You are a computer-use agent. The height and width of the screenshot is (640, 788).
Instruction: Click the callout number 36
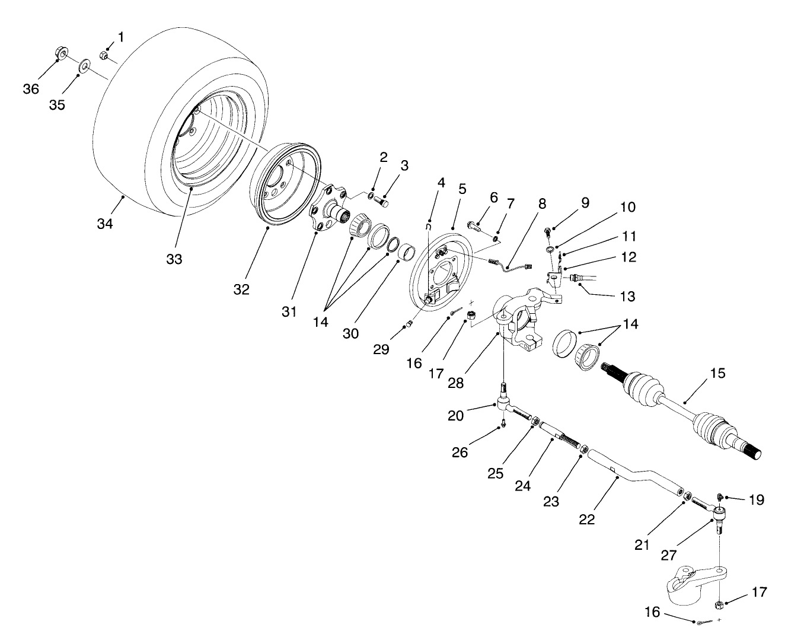tap(31, 88)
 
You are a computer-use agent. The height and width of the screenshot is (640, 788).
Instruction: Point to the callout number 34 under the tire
tap(105, 223)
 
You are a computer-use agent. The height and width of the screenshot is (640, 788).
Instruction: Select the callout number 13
tap(627, 296)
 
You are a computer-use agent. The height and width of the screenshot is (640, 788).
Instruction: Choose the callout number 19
tap(755, 500)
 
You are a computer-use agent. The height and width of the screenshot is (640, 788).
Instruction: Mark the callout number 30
tap(350, 333)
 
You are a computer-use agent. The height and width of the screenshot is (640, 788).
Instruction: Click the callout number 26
tap(460, 452)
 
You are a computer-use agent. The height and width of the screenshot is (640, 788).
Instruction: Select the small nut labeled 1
tap(103, 55)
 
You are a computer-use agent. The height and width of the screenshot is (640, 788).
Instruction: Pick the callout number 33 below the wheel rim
tap(174, 259)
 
